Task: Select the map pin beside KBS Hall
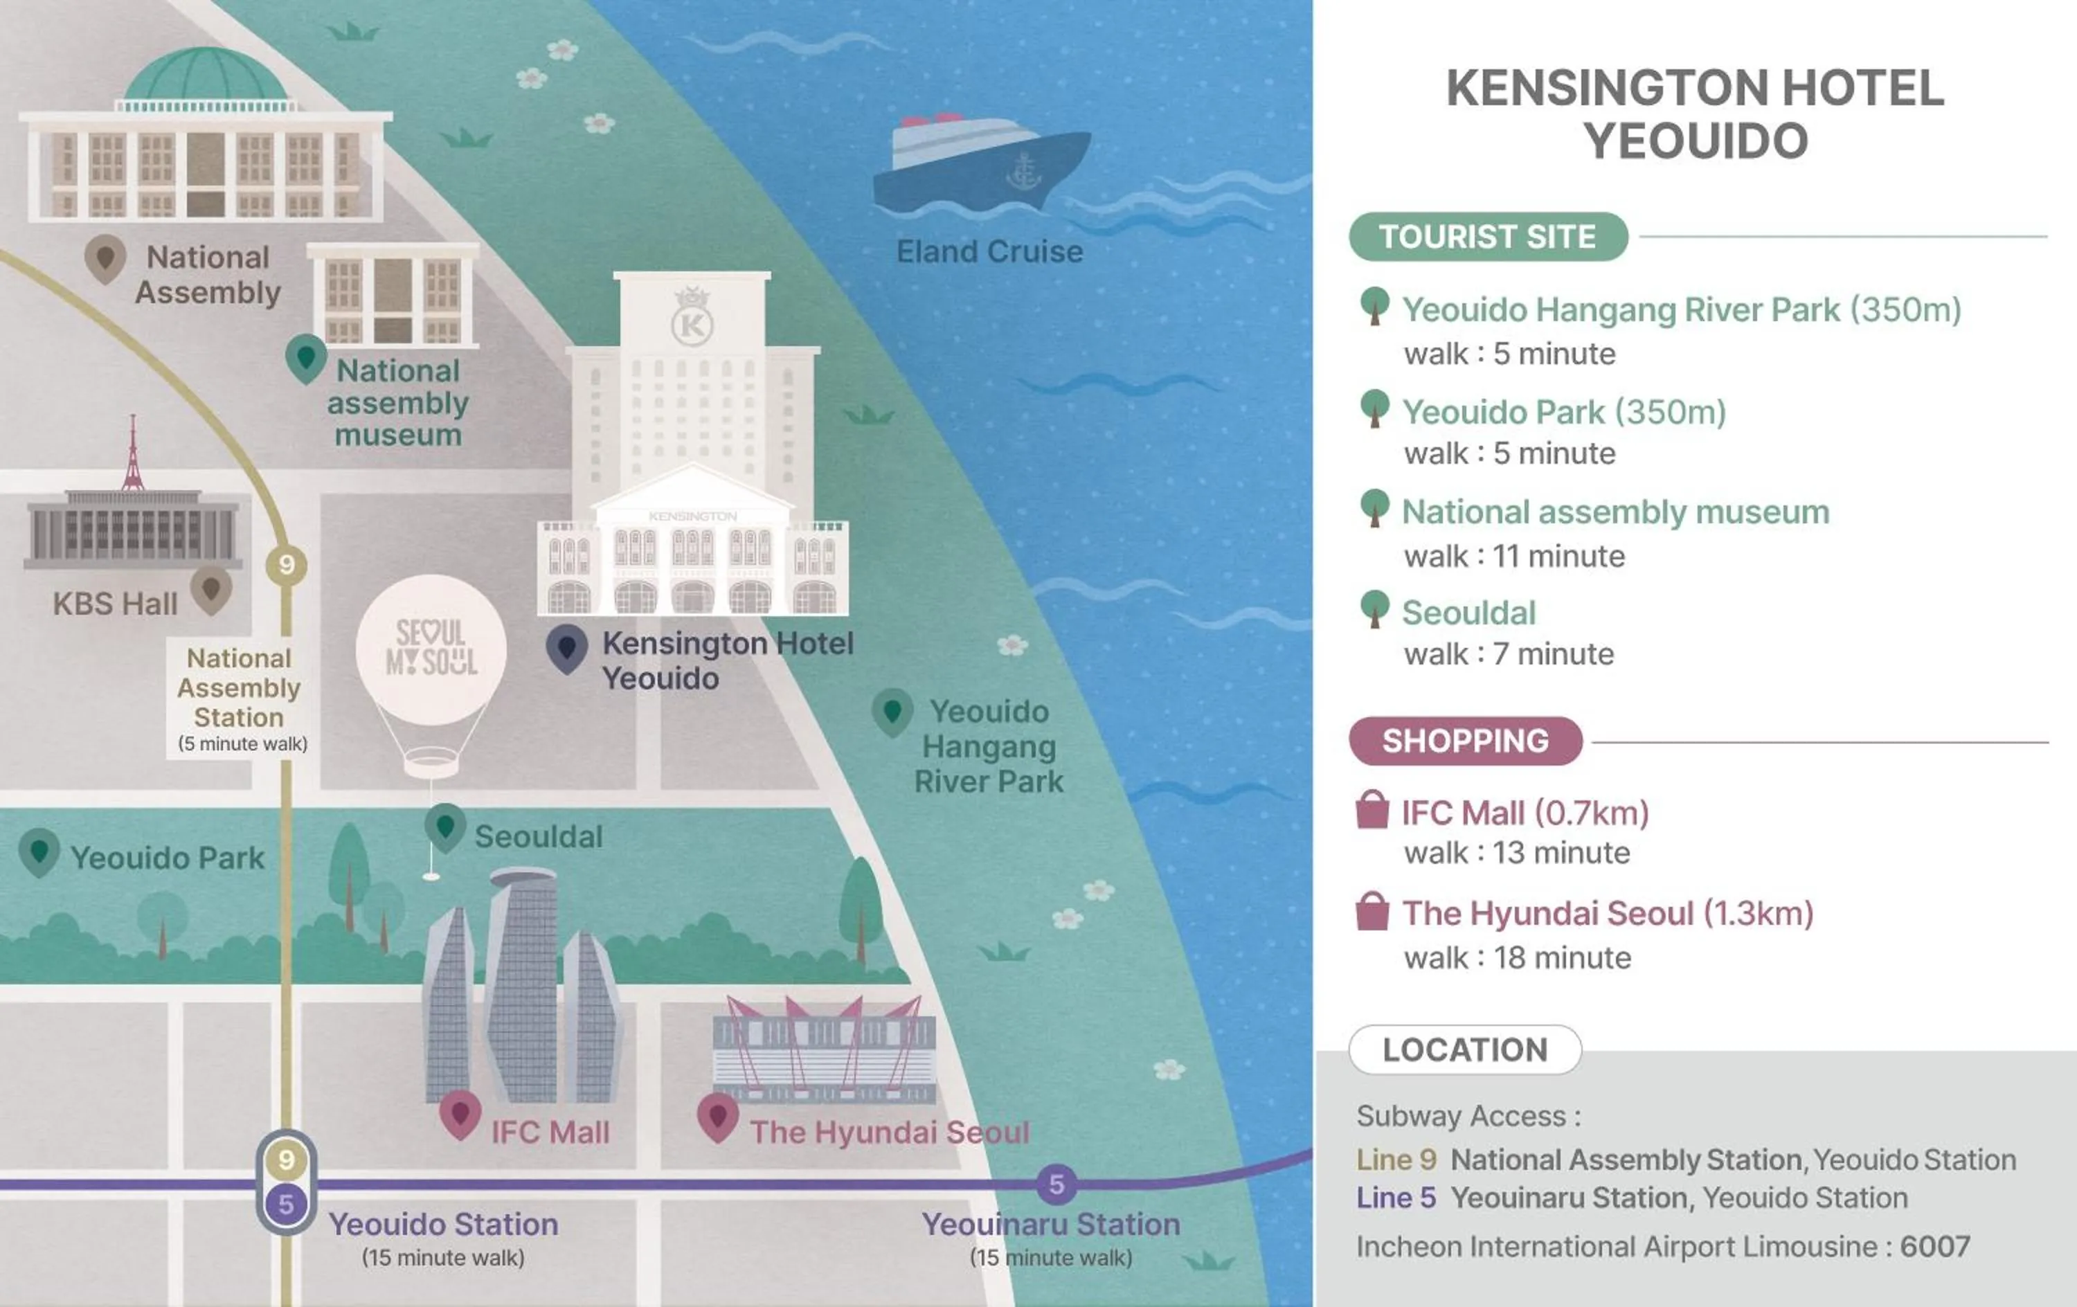(x=210, y=590)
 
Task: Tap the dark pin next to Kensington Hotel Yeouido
(x=567, y=649)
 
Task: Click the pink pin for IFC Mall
(x=460, y=1115)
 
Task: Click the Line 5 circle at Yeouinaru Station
(x=1057, y=1184)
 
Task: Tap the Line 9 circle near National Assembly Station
(x=287, y=565)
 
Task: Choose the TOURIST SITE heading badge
(x=1488, y=236)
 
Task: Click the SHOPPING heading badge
(x=1466, y=741)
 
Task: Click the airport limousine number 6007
(x=1934, y=1247)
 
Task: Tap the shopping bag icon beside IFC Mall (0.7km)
(x=1372, y=810)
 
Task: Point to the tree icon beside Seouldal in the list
(x=1374, y=609)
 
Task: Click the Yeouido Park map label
(x=168, y=858)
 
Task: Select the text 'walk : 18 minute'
(x=1517, y=957)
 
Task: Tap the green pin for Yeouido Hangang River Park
(x=892, y=712)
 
